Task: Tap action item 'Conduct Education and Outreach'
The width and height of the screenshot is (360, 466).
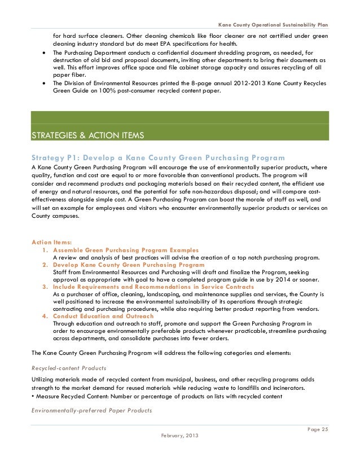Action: point(103,316)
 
